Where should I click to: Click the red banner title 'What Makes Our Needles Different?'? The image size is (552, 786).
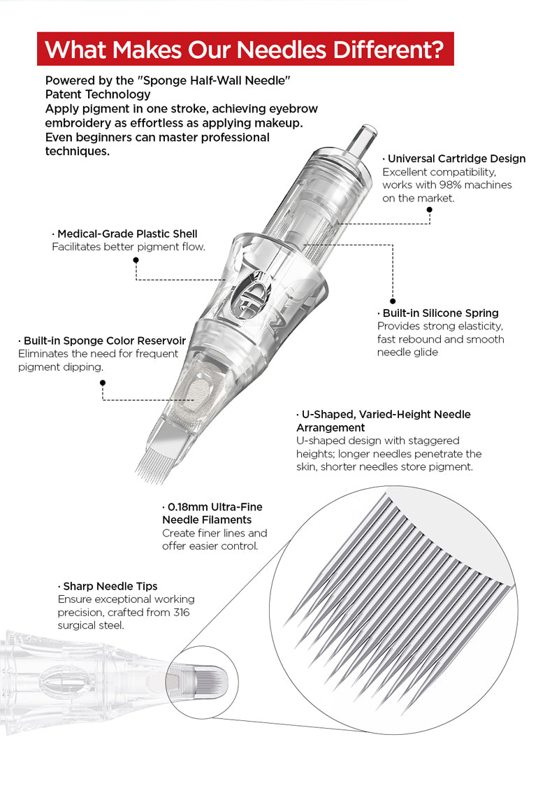click(x=245, y=50)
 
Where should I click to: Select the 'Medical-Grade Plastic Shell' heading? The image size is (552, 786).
click(x=124, y=234)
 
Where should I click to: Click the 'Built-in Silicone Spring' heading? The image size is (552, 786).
click(x=440, y=313)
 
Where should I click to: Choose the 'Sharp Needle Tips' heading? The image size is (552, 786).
click(x=108, y=586)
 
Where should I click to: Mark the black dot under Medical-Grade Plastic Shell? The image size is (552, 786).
click(x=136, y=259)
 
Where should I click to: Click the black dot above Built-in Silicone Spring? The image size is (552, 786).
click(x=393, y=301)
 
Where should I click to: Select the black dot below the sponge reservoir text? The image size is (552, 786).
click(x=103, y=383)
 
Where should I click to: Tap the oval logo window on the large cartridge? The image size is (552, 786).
click(x=252, y=294)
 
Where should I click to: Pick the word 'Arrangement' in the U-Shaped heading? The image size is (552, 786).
click(x=330, y=427)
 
